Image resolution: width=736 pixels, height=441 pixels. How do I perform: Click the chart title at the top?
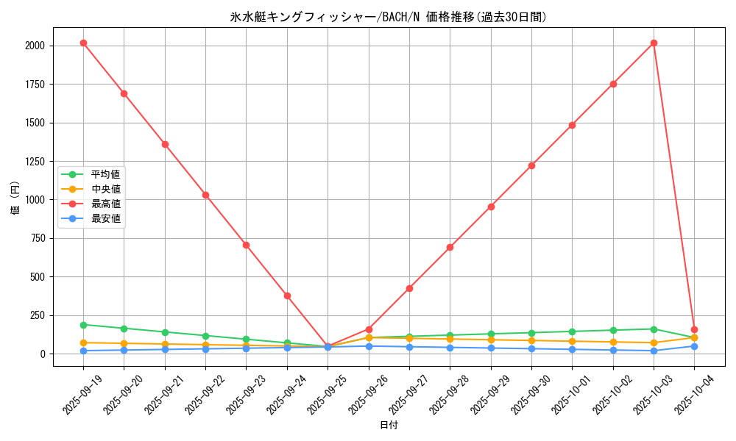click(388, 17)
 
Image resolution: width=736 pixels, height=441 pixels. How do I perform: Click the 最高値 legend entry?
click(105, 204)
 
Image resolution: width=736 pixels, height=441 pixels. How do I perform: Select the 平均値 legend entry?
click(105, 174)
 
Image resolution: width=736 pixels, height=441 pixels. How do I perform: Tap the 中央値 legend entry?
click(105, 189)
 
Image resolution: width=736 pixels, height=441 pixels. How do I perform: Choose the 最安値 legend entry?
click(105, 218)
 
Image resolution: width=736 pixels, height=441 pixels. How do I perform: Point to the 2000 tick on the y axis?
click(34, 46)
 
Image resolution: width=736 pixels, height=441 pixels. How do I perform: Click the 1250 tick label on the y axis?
click(34, 161)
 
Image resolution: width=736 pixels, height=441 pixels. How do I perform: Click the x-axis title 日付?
click(388, 426)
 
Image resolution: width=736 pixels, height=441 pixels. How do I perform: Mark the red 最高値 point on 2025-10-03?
click(654, 43)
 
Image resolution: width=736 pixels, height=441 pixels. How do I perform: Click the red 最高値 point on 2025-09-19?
click(83, 43)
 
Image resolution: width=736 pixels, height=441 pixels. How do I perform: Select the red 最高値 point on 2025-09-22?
click(205, 195)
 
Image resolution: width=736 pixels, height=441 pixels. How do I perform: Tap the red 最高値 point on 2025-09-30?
click(531, 165)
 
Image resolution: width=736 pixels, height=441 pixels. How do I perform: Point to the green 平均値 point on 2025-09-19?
click(83, 325)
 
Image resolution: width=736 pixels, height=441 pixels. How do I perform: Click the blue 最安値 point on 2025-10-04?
click(694, 346)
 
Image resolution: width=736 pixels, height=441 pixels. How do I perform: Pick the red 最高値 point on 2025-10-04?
click(694, 329)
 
